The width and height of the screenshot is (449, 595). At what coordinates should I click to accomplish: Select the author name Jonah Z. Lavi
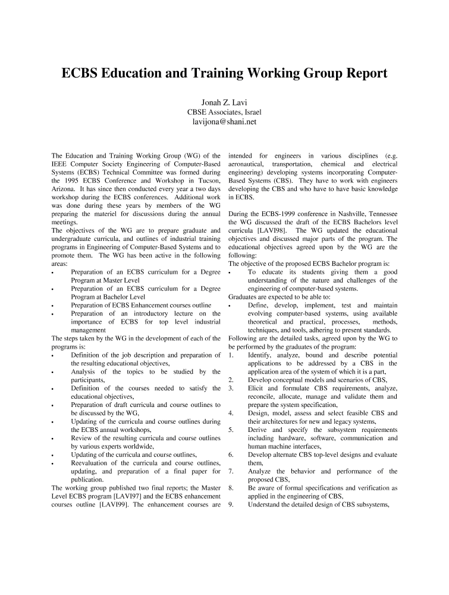[x=224, y=102]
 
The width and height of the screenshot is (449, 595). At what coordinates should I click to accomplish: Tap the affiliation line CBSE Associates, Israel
[x=224, y=112]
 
